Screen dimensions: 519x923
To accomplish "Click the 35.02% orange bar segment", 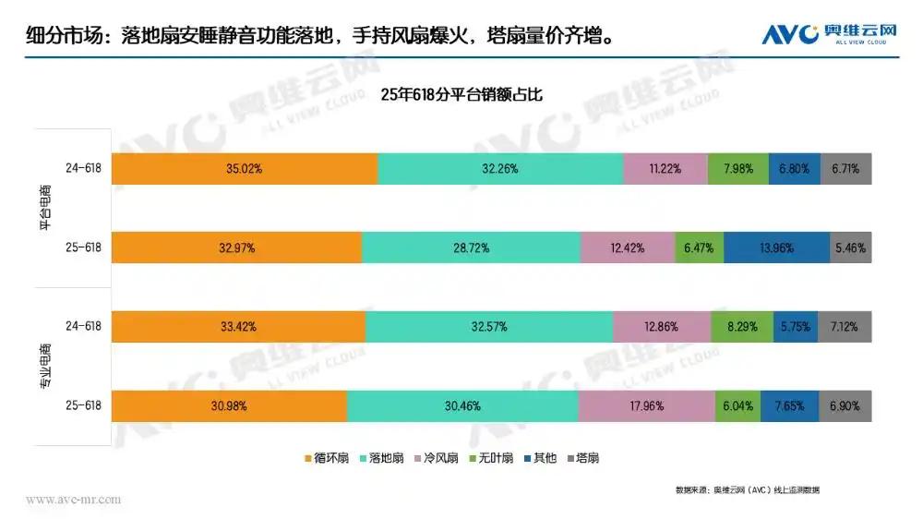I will [x=244, y=169].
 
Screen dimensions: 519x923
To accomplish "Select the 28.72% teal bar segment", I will [x=471, y=248].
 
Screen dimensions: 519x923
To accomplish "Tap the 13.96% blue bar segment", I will [x=776, y=248].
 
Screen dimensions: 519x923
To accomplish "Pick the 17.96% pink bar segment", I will [x=646, y=405].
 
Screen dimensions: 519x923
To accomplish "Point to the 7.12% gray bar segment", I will [x=845, y=327].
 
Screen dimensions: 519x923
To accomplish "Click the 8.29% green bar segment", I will [x=742, y=327].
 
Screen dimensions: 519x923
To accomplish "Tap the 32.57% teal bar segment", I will [x=489, y=327].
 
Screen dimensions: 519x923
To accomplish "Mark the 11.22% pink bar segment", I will [x=665, y=169].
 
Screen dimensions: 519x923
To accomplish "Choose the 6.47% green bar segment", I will [x=699, y=248].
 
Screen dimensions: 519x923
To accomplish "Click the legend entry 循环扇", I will [x=326, y=457].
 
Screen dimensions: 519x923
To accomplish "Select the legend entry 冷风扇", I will [x=438, y=457].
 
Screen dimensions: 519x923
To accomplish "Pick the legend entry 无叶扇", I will [x=492, y=457].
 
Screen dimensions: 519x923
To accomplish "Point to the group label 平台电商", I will [x=46, y=209].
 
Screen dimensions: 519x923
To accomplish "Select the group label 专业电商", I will [x=46, y=366].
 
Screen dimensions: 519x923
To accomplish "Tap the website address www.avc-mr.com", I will [x=73, y=500].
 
